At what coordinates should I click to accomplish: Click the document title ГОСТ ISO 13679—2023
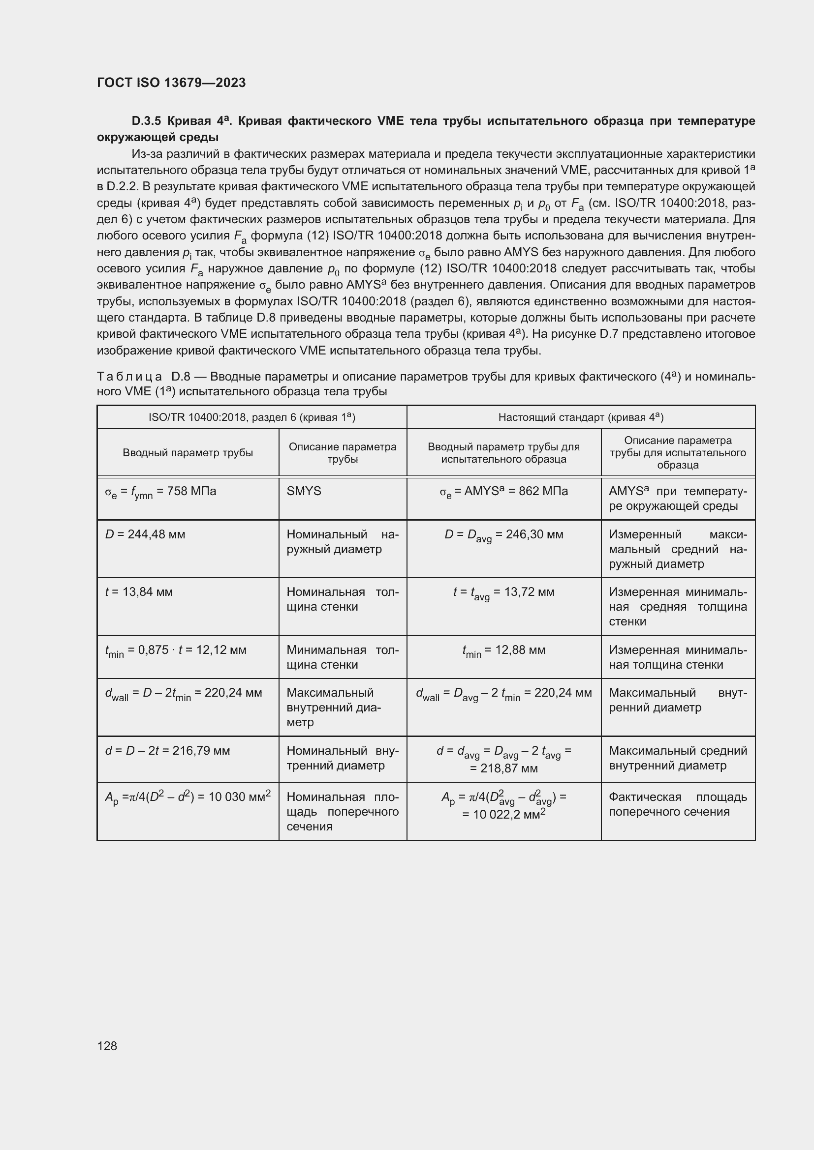coord(171,83)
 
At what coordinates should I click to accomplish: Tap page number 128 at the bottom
coord(107,1046)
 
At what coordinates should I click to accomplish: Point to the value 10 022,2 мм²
coord(503,815)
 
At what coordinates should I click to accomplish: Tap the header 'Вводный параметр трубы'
coord(188,453)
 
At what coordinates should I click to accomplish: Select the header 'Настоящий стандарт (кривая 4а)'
coord(580,417)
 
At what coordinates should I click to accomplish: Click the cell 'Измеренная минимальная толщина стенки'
coord(678,657)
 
